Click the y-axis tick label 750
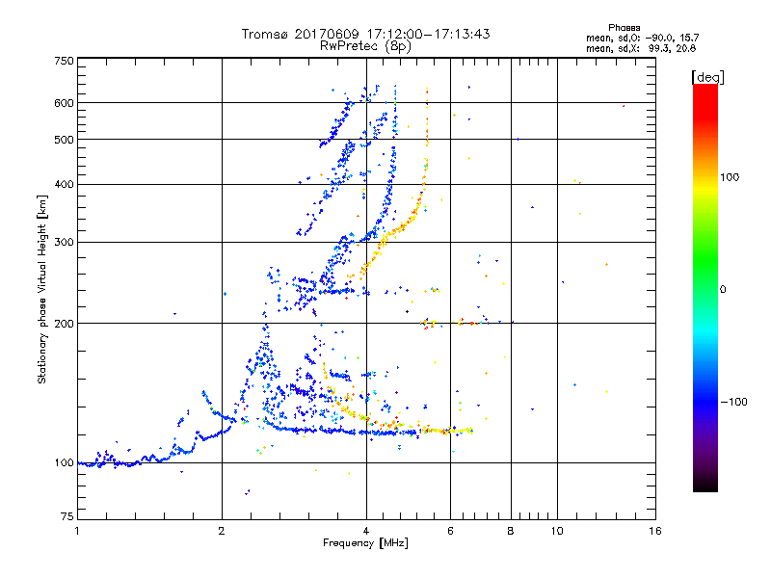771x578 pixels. coord(64,61)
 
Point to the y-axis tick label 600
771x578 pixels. coord(64,103)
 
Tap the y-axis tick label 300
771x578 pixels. coord(64,243)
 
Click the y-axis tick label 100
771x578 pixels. coord(64,463)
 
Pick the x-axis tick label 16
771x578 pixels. coord(654,532)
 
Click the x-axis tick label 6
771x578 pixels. coord(450,532)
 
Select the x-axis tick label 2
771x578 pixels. coord(222,532)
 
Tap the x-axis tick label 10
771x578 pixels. coord(556,532)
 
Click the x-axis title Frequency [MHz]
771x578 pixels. coord(365,544)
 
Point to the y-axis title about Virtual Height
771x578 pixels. coord(42,289)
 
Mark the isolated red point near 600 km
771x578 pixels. coord(624,106)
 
